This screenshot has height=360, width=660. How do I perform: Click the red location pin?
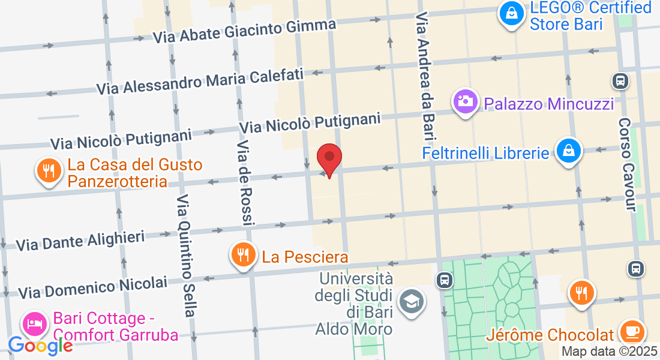pyautogui.click(x=329, y=158)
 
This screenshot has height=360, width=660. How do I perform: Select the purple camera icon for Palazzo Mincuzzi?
pyautogui.click(x=465, y=101)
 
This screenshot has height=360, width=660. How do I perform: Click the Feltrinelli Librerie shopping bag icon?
pyautogui.click(x=568, y=151)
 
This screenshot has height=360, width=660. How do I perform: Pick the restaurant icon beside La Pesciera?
pyautogui.click(x=242, y=256)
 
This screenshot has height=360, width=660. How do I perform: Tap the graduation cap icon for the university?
pyautogui.click(x=412, y=301)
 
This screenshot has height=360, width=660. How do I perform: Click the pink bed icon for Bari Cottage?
pyautogui.click(x=35, y=325)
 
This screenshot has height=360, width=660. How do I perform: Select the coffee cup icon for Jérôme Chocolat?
pyautogui.click(x=631, y=332)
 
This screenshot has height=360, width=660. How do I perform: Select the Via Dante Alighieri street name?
pyautogui.click(x=80, y=241)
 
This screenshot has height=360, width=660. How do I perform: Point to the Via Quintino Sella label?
pyautogui.click(x=186, y=256)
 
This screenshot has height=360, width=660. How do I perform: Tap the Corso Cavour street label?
pyautogui.click(x=627, y=164)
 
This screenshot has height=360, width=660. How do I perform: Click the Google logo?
pyautogui.click(x=40, y=345)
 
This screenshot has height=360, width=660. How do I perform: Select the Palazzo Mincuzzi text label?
pyautogui.click(x=548, y=104)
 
